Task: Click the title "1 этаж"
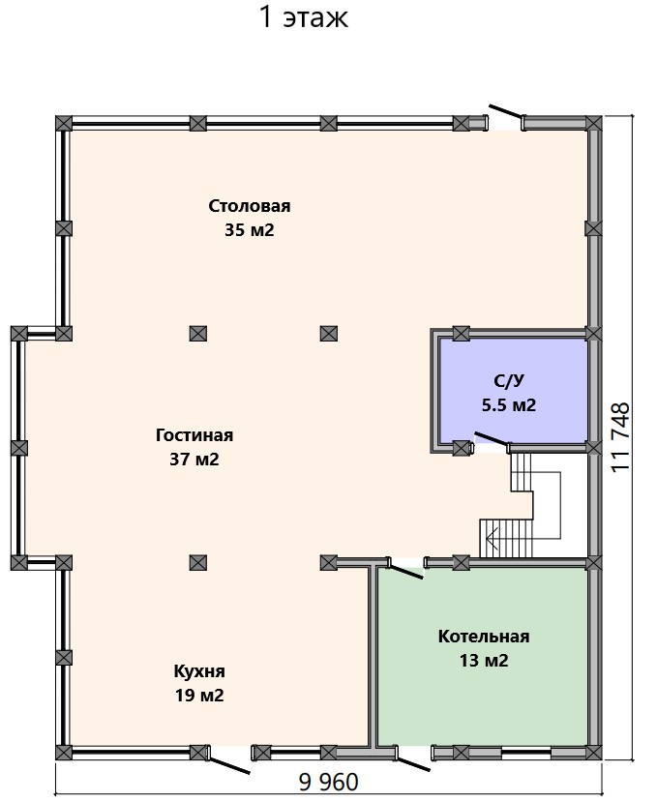304,16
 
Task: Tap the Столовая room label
250,206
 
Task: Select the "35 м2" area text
250,230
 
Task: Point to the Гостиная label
194,435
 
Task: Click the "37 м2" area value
194,460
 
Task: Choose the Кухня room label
199,671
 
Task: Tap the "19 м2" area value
199,696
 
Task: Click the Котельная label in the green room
484,637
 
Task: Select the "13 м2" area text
484,661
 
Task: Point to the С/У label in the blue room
509,381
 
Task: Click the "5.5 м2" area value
509,405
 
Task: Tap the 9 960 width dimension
329,782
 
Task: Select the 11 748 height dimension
620,437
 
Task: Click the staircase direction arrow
493,538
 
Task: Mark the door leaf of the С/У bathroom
492,438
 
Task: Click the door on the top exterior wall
506,111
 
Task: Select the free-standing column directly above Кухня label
198,563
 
